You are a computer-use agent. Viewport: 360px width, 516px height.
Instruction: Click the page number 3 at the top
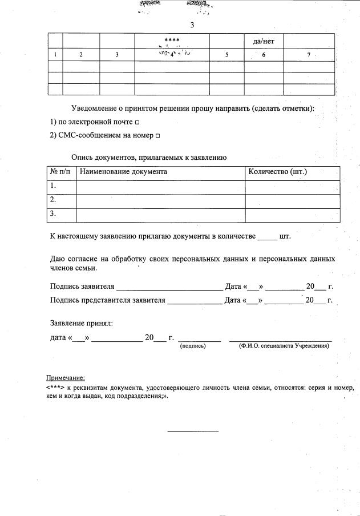coord(192,25)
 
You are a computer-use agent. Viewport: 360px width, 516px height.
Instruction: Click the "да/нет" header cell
coord(264,41)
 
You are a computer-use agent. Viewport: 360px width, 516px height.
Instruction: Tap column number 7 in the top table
coord(309,55)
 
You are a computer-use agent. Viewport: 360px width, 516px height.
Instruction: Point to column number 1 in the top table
coord(55,55)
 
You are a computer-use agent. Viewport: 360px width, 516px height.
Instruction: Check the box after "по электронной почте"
coord(137,122)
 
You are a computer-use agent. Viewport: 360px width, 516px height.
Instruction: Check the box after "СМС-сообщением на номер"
coord(157,136)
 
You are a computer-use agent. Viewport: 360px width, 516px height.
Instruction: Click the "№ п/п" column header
coord(60,172)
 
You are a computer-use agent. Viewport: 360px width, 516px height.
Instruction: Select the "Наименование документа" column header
coord(123,172)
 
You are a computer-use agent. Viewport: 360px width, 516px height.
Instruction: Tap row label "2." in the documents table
coord(53,200)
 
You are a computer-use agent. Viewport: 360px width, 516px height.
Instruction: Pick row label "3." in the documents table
coord(53,214)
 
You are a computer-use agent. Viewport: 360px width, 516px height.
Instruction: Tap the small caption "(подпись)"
coord(192,346)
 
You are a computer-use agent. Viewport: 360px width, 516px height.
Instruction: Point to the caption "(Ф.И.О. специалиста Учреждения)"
coord(284,346)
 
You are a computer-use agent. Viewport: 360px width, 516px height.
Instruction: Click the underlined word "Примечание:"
coord(66,378)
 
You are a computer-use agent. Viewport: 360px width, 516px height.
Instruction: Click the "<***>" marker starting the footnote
coord(56,387)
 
